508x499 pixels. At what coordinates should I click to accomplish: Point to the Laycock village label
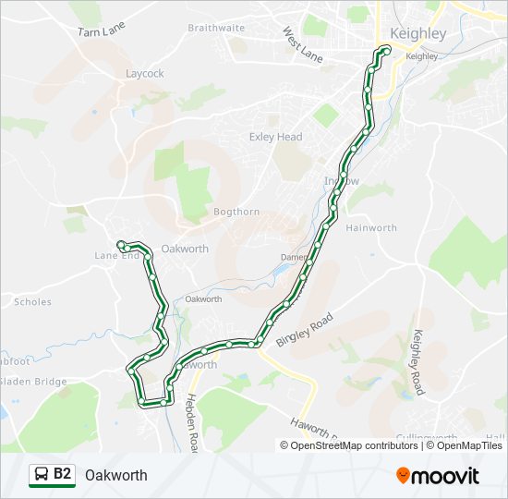[145, 73]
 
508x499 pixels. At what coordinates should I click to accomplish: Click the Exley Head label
[275, 138]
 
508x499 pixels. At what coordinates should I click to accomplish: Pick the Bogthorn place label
[236, 212]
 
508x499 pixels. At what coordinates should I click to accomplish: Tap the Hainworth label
[371, 228]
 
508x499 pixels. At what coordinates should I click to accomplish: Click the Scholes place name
[32, 302]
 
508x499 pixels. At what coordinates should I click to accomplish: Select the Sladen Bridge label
[34, 382]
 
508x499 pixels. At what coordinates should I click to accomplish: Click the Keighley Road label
[419, 361]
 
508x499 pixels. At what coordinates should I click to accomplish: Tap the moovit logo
[438, 476]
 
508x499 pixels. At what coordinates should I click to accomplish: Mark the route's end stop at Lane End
[121, 244]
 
